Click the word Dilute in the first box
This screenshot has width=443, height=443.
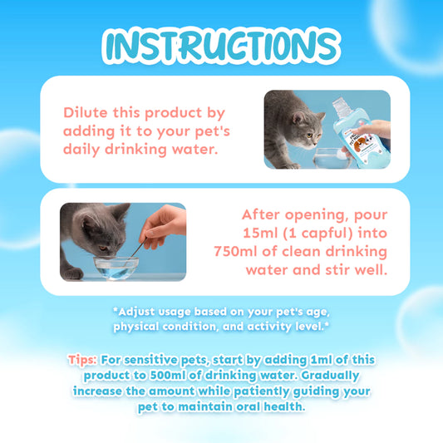click(x=87, y=111)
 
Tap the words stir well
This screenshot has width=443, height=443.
click(x=356, y=271)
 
